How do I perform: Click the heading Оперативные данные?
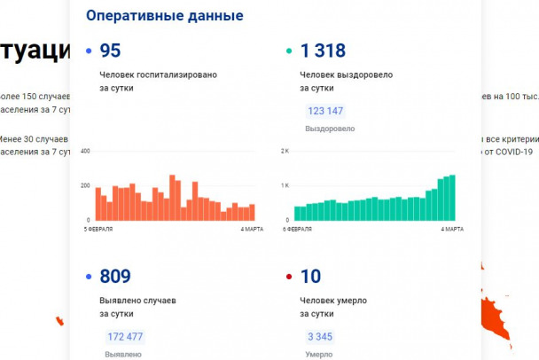164,16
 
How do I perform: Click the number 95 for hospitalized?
110,51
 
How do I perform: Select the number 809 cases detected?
115,277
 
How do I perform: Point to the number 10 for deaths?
310,277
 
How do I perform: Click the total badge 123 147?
325,112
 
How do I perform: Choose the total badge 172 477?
124,337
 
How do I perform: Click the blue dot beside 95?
89,52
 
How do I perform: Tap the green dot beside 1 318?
288,52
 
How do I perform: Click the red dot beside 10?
288,278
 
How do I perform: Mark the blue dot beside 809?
89,278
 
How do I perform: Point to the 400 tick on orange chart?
86,152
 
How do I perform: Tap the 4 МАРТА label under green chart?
453,229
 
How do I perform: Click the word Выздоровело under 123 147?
330,129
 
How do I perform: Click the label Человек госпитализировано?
159,75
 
